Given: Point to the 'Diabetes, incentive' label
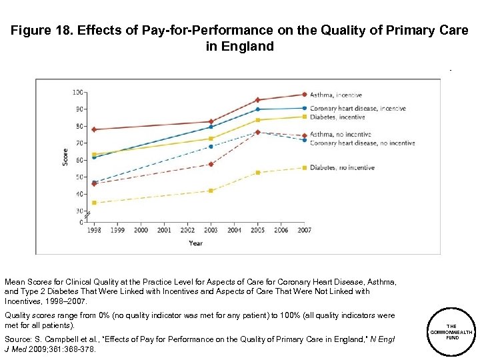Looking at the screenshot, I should click(337, 117).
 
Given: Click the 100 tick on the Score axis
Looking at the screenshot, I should click(79, 92).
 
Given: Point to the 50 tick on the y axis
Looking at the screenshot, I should click(80, 177).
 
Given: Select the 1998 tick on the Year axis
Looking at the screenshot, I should click(94, 230).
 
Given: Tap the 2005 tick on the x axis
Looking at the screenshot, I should click(257, 230).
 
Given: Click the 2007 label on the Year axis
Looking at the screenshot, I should click(304, 230).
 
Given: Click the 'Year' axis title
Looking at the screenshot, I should click(196, 243).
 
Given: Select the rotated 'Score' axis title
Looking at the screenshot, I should click(65, 157).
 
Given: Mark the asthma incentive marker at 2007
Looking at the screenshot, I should click(305, 95).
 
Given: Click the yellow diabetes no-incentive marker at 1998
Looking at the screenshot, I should click(94, 203).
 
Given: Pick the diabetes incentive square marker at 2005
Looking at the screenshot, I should click(257, 120).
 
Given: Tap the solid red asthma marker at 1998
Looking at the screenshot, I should click(94, 129).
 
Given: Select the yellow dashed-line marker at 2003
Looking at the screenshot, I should click(211, 191).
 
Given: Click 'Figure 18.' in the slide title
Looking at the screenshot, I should click(43, 30).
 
